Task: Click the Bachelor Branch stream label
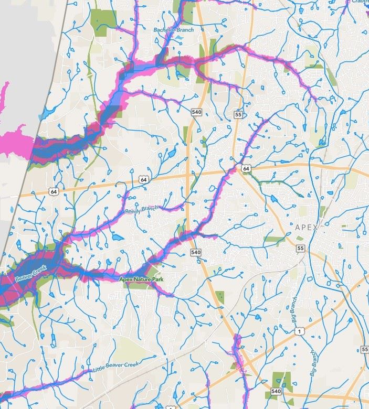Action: click(174, 30)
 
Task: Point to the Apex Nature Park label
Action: click(141, 279)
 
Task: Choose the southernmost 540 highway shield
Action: click(276, 391)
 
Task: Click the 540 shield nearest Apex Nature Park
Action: click(196, 252)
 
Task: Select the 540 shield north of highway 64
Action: click(197, 112)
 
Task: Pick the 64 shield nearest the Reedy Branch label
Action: click(143, 180)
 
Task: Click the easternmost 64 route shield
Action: click(246, 168)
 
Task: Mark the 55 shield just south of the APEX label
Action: click(300, 248)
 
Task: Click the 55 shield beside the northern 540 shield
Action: click(238, 114)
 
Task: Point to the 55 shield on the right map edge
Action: click(365, 349)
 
